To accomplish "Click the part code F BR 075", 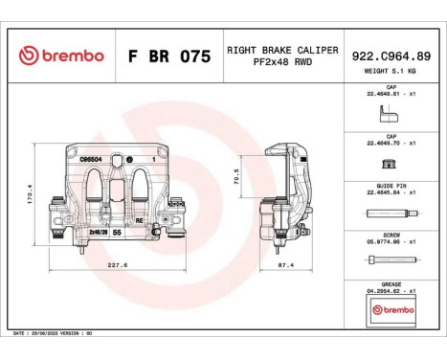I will click(168, 56).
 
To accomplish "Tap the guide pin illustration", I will click(394, 213).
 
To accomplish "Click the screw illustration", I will click(394, 262).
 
